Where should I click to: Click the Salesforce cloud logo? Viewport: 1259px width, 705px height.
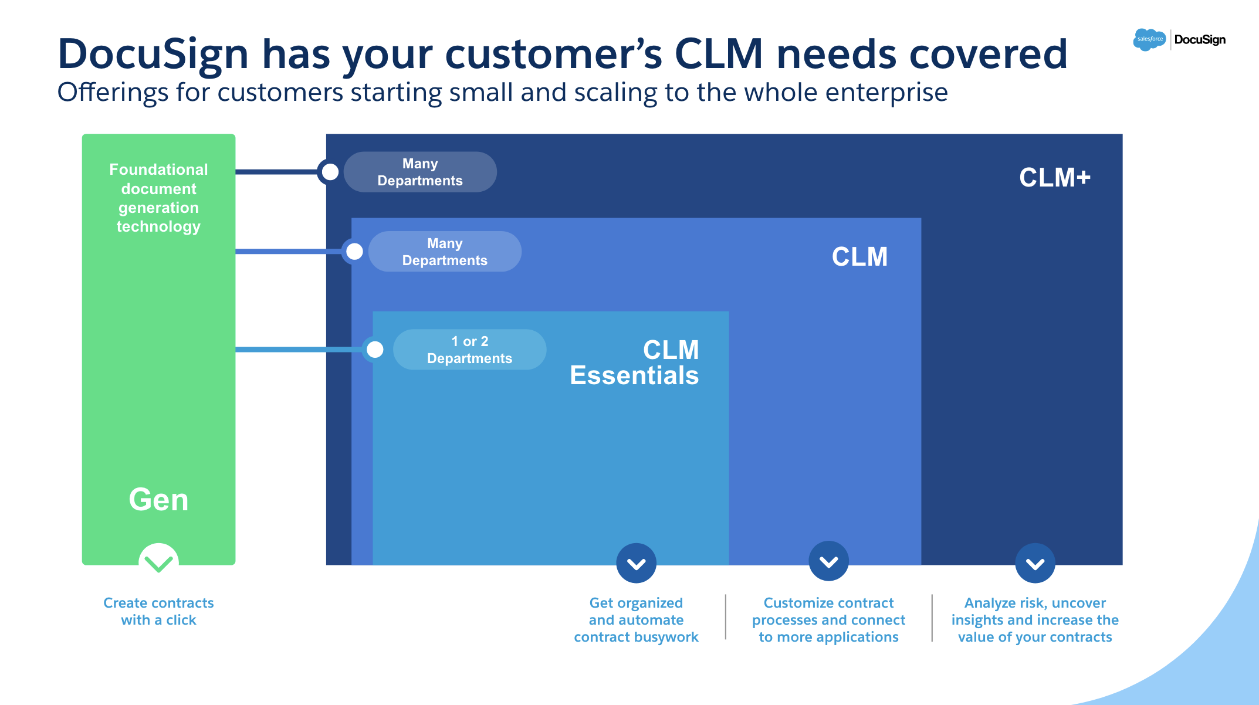pyautogui.click(x=1149, y=39)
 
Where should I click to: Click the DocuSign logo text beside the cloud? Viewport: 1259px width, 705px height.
pyautogui.click(x=1200, y=39)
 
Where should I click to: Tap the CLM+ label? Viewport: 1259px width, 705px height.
pyautogui.click(x=1054, y=177)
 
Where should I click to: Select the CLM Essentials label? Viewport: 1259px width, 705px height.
pyautogui.click(x=635, y=362)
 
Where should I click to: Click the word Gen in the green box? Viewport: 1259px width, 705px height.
pyautogui.click(x=158, y=500)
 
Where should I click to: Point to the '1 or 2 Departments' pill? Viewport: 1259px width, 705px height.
pyautogui.click(x=469, y=350)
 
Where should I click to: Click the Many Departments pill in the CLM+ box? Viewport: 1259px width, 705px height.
pyautogui.click(x=420, y=172)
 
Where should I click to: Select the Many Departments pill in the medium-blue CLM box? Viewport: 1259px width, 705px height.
pyautogui.click(x=445, y=252)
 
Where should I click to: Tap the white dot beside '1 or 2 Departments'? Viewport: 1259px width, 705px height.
pyautogui.click(x=375, y=350)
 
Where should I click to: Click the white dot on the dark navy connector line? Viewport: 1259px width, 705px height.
pyautogui.click(x=330, y=172)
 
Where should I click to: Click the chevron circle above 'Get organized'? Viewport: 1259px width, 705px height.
pyautogui.click(x=636, y=563)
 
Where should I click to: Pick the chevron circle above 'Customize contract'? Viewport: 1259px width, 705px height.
pyautogui.click(x=828, y=561)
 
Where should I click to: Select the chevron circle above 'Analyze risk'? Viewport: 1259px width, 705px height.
pyautogui.click(x=1035, y=563)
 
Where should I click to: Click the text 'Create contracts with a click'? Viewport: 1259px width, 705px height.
pyautogui.click(x=158, y=611)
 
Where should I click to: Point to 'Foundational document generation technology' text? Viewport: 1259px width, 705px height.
pyautogui.click(x=158, y=198)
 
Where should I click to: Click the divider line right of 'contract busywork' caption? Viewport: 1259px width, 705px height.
pyautogui.click(x=726, y=617)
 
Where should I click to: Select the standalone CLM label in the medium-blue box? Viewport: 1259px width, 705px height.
pyautogui.click(x=859, y=257)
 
